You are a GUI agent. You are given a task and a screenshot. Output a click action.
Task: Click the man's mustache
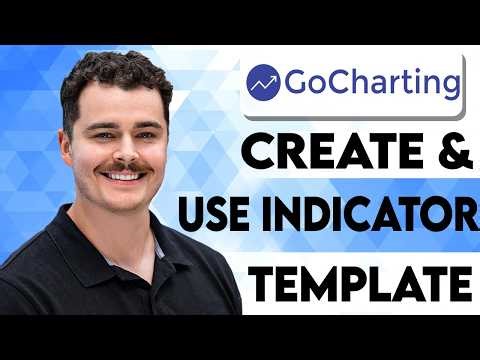tap(122, 166)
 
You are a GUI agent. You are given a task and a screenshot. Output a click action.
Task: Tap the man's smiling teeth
tap(123, 175)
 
